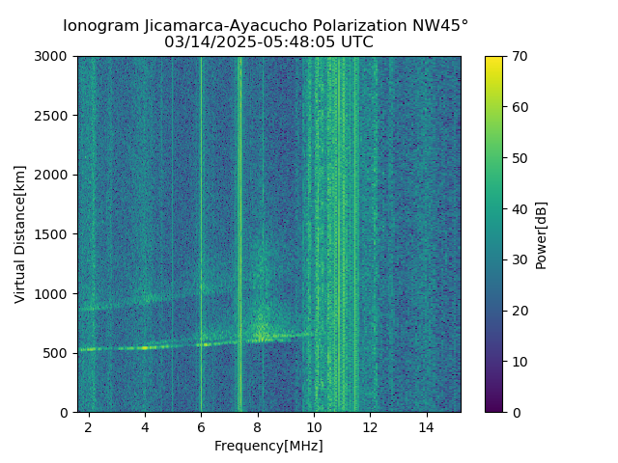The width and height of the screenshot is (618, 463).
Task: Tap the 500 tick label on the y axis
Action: (60, 353)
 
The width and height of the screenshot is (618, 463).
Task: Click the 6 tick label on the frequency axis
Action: (201, 426)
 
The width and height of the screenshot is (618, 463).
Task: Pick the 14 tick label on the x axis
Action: (426, 426)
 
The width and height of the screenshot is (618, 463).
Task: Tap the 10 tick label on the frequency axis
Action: (314, 426)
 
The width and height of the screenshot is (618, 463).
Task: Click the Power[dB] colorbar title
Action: (542, 234)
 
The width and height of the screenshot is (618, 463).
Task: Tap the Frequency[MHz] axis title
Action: (268, 446)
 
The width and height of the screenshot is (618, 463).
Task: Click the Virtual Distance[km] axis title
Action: (20, 234)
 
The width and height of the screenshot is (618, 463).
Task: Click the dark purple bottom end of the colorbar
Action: (493, 409)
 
